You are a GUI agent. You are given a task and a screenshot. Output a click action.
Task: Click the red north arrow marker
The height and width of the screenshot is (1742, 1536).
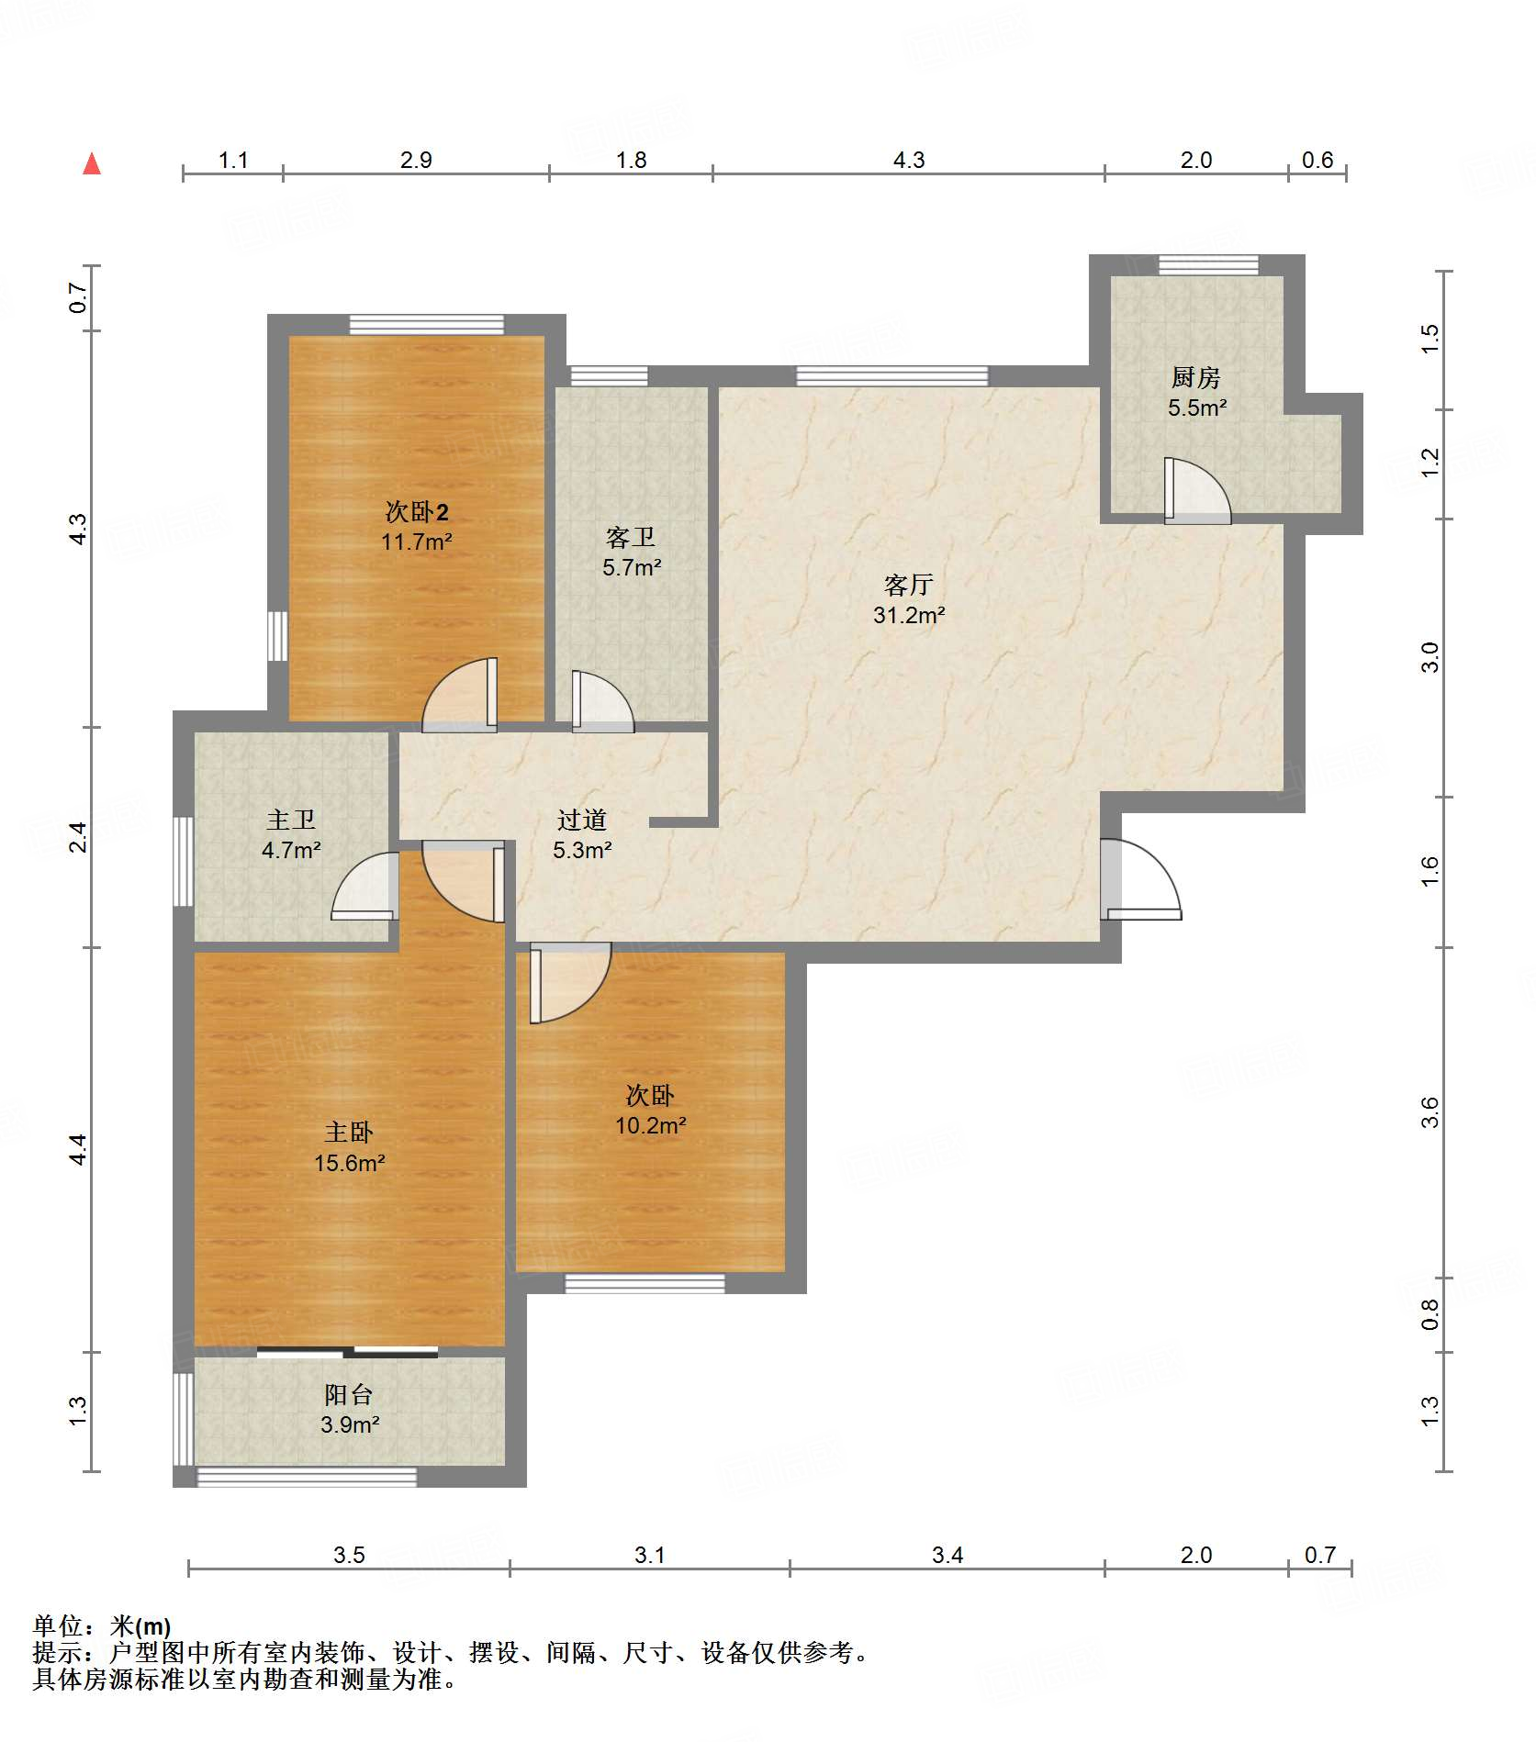pos(92,163)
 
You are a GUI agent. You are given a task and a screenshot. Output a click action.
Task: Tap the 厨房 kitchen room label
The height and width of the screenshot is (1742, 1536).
pos(1195,377)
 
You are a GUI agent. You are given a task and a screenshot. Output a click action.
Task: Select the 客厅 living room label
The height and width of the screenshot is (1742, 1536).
pos(908,585)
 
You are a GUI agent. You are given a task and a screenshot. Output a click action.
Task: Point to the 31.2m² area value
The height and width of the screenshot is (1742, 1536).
pos(909,615)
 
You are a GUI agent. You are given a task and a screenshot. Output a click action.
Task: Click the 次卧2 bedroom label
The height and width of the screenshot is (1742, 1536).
pos(417,511)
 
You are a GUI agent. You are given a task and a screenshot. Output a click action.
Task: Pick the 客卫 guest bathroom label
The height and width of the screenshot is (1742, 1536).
pos(631,537)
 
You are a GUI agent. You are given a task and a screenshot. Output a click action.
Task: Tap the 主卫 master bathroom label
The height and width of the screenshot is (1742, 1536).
pos(291,820)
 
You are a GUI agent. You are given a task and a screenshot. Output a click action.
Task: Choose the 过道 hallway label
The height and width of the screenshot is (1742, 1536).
pos(582,820)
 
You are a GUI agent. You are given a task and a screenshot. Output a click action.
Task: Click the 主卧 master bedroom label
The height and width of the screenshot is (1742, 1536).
pos(349,1133)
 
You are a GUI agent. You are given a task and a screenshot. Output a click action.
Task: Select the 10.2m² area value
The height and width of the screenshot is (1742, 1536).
pos(651,1125)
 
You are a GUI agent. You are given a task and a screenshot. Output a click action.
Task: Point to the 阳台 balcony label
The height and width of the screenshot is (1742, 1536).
pos(349,1395)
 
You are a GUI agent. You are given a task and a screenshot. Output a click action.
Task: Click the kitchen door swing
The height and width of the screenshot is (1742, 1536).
pos(1198,491)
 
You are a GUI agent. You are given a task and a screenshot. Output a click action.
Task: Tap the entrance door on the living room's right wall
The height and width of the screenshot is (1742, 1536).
pos(1141,879)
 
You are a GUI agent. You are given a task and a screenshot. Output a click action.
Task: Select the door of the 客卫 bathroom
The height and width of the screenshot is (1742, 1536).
pos(603,702)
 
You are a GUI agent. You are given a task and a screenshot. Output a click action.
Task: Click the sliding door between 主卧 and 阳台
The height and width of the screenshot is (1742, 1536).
pos(347,1351)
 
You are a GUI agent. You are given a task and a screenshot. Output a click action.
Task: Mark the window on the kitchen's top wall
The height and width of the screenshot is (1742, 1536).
pos(1208,265)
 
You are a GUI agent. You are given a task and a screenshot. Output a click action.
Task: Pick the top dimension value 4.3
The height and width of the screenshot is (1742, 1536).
pos(909,161)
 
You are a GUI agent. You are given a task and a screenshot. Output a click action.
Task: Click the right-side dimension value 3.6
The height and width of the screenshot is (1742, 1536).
pos(1429,1112)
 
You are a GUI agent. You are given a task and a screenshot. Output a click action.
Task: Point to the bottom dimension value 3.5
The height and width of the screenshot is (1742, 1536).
pos(349,1555)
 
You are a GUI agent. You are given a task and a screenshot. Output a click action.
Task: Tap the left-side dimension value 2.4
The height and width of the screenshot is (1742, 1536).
pos(79,837)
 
